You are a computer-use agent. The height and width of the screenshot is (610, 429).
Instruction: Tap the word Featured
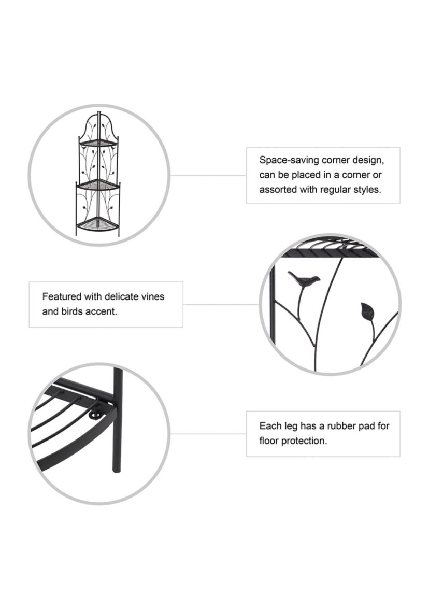coord(62,297)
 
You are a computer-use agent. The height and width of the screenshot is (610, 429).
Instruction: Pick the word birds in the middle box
coord(71,312)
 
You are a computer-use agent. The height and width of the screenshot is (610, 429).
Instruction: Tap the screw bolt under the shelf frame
coord(95,416)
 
